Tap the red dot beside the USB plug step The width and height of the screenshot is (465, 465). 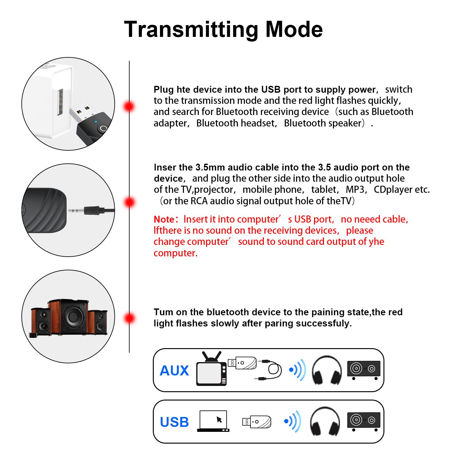pyautogui.click(x=129, y=106)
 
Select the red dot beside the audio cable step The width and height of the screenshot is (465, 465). pyautogui.click(x=129, y=202)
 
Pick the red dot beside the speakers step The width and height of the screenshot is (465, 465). pyautogui.click(x=129, y=318)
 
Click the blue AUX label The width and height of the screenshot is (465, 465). pyautogui.click(x=174, y=371)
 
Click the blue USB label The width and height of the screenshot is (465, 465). pyautogui.click(x=174, y=422)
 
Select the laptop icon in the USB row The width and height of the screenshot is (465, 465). pyautogui.click(x=213, y=421)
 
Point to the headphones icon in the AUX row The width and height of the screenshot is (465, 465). pyautogui.click(x=327, y=370)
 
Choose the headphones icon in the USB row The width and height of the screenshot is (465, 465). pyautogui.click(x=325, y=421)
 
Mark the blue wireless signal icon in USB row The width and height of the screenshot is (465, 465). pyautogui.click(x=293, y=421)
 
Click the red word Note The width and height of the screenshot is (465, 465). pyautogui.click(x=164, y=219)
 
